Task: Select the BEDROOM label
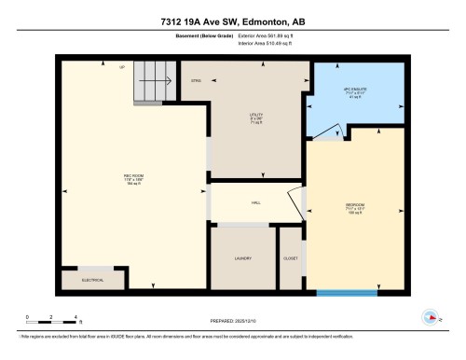353,206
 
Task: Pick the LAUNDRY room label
242,257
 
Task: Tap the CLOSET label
291,257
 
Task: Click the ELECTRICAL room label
92,278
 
